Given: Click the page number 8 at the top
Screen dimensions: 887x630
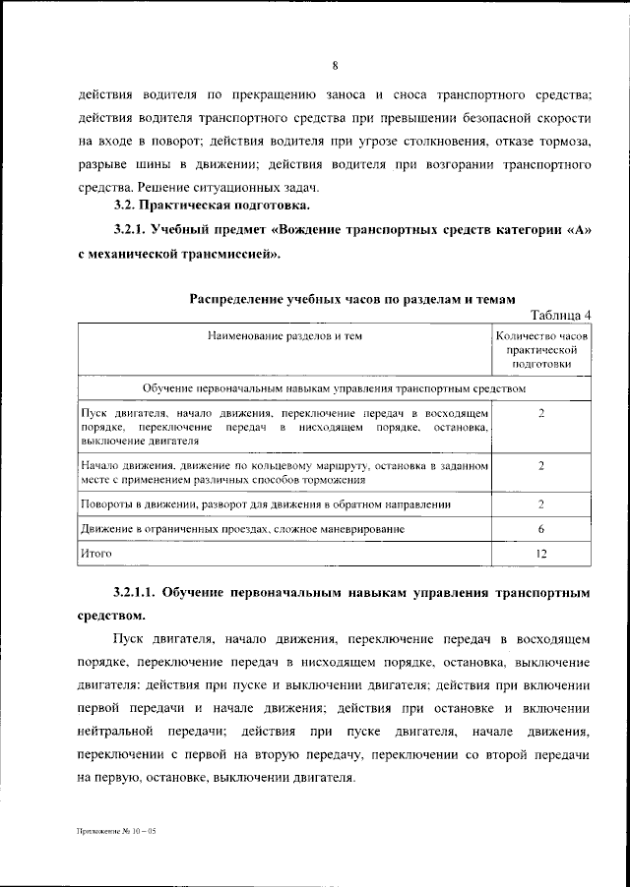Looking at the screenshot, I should [x=335, y=67].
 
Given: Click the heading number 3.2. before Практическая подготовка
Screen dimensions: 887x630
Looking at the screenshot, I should [x=123, y=206].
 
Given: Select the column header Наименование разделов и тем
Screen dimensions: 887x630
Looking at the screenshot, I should [x=284, y=336].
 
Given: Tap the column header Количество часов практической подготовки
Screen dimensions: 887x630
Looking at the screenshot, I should [x=540, y=349].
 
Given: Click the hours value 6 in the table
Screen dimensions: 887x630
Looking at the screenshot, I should [x=541, y=529].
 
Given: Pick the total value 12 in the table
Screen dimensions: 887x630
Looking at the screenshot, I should [x=541, y=554].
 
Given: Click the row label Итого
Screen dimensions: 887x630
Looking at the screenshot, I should [x=96, y=554].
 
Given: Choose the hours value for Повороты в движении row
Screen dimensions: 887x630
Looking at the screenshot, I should [x=541, y=503].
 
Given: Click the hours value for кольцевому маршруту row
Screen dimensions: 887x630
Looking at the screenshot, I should [x=541, y=465].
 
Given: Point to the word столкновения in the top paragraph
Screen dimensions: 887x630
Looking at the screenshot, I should [x=470, y=141].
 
